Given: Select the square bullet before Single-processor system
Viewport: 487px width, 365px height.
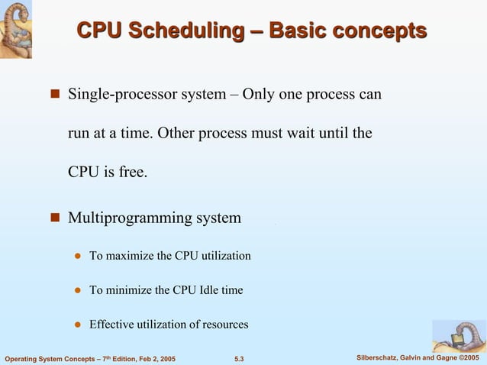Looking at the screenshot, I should [x=55, y=95].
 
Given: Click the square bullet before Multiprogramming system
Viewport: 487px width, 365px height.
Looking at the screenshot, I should [x=55, y=219].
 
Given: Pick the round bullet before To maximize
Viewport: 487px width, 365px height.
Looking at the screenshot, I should [x=77, y=256].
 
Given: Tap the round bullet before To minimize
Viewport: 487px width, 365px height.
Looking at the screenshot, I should [x=77, y=290].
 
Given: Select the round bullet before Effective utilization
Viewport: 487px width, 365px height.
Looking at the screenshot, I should [x=77, y=325].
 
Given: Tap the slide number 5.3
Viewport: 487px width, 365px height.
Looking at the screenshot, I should [x=238, y=358].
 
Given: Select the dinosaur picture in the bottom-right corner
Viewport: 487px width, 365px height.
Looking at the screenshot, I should [x=459, y=336].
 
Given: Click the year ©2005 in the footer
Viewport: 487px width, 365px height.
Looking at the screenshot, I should [x=471, y=358].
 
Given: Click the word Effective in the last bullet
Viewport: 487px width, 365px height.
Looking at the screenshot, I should [x=112, y=325].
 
